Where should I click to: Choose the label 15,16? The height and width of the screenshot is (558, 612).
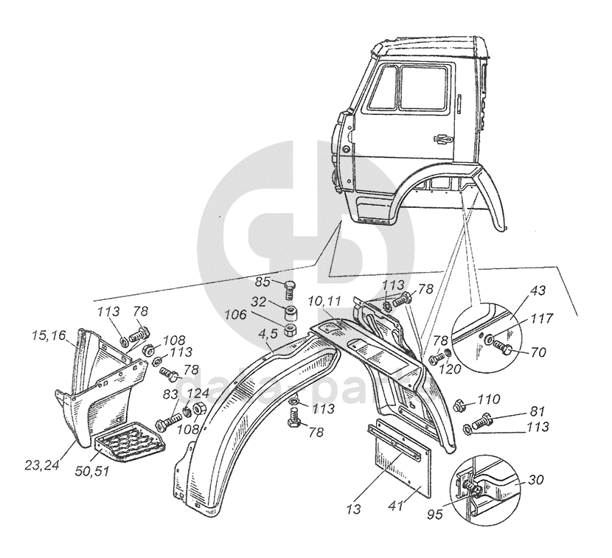coord(48,336)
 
